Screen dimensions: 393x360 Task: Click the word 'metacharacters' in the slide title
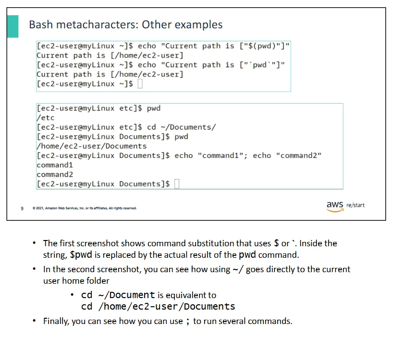[x=97, y=24]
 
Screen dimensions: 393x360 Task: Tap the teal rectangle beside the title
[x=13, y=26]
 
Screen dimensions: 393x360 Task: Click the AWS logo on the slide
[x=335, y=206]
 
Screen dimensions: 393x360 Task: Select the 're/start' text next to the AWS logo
[x=356, y=205]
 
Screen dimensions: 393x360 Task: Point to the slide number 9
[x=22, y=208]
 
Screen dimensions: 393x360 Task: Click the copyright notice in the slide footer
[x=85, y=208]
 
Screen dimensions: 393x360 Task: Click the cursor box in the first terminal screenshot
[x=140, y=84]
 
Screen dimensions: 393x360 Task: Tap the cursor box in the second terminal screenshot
[x=177, y=184]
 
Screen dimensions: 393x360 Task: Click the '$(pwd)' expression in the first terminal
[x=262, y=46]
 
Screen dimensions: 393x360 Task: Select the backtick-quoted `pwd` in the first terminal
[x=259, y=65]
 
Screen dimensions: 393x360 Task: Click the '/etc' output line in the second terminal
[x=45, y=118]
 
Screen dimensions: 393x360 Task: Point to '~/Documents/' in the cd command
[x=188, y=127]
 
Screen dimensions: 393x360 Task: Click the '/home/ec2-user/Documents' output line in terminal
[x=91, y=146]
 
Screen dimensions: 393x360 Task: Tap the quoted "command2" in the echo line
[x=298, y=156]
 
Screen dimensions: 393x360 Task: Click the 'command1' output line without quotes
[x=55, y=165]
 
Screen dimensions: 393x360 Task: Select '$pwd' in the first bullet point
[x=81, y=255]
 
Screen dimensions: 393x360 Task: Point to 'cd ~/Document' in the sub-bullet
[x=118, y=295]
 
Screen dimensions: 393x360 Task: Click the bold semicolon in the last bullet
[x=188, y=322]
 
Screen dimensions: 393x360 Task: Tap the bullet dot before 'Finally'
[x=34, y=321]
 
